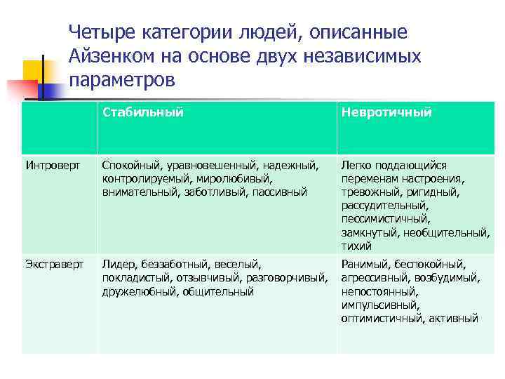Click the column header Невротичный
point(386,112)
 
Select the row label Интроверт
point(50,166)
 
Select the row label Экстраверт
point(54,265)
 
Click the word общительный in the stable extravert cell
point(218,291)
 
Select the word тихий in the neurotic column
point(356,246)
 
